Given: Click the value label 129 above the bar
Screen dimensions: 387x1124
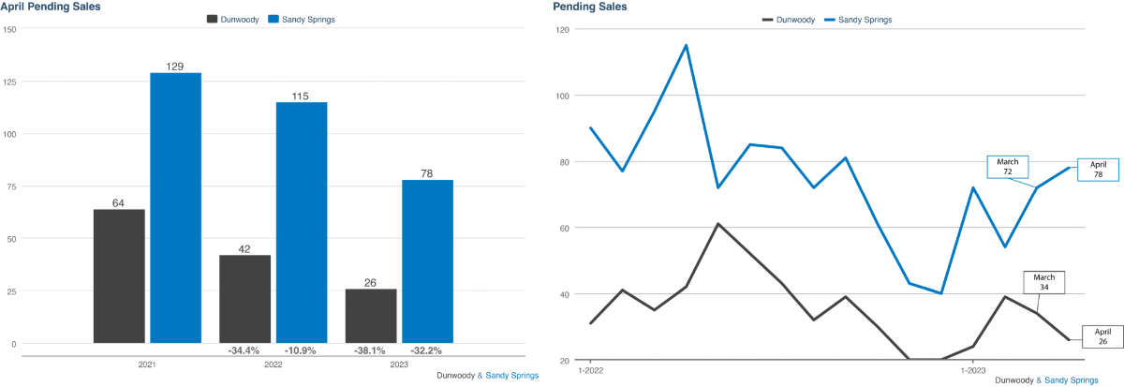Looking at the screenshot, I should pos(176,66).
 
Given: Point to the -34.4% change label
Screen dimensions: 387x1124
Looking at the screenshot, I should pos(244,350).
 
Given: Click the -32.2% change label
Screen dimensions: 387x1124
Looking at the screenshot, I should pos(427,350).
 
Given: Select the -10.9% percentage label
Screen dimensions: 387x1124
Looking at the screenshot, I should pos(302,350).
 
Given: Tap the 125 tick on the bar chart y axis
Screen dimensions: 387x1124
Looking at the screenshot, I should pos(10,82).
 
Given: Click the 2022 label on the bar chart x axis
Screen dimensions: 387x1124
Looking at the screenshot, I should pos(273,365).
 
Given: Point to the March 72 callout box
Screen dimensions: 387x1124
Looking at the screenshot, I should pos(1007,168).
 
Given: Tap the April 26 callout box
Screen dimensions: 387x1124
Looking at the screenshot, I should pos(1102,336).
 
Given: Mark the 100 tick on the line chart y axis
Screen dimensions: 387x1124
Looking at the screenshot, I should pos(564,96).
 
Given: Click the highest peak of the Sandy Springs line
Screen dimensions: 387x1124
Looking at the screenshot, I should pos(687,45).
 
